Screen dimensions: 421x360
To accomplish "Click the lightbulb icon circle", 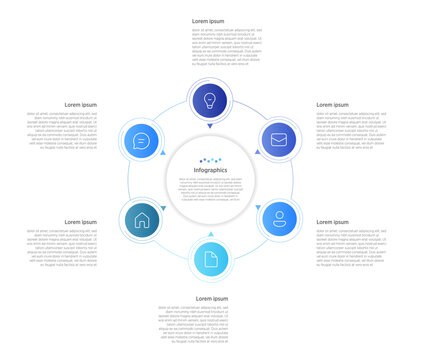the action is coord(210,100).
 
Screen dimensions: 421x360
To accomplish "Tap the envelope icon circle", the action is coord(279,139).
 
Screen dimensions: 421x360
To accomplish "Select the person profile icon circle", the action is coord(279,217).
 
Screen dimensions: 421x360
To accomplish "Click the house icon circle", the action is coord(141,220).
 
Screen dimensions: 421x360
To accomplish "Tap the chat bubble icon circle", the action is coord(141,141).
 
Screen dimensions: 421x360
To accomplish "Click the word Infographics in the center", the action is coord(210,170).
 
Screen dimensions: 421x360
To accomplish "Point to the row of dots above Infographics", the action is coord(210,160).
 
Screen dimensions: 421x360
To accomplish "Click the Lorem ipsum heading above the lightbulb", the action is coord(208,20).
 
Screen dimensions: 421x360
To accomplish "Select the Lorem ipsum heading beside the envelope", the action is coord(333,104).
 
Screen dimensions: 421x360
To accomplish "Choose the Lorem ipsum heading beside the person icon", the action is coord(333,222).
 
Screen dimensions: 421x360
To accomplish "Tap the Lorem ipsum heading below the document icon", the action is coord(211,298).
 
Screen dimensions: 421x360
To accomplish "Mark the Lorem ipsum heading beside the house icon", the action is coord(81,222).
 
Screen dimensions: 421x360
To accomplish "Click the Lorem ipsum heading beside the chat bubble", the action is coord(81,104).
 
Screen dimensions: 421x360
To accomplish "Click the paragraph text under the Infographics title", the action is coord(210,190).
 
